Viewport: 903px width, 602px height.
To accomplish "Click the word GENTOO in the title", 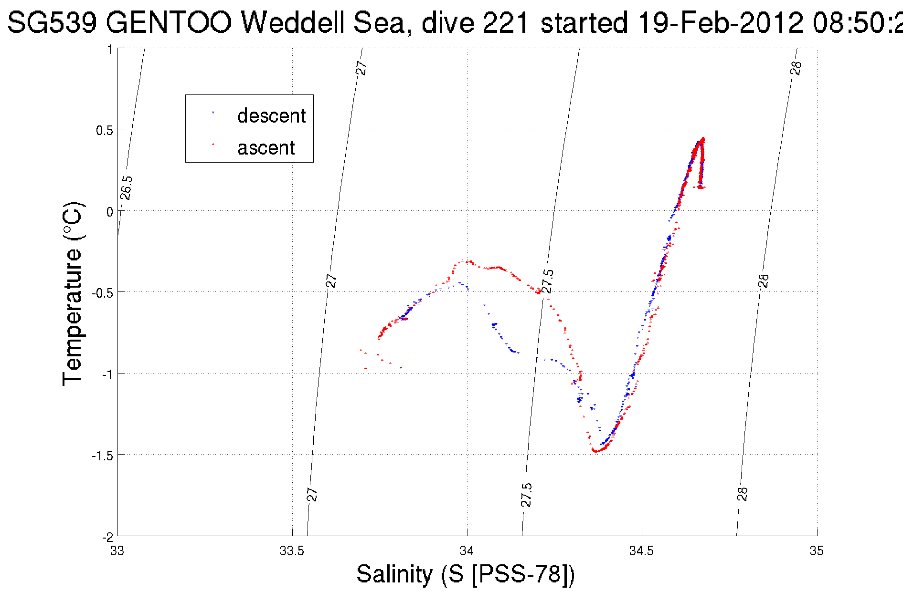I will coord(169,22).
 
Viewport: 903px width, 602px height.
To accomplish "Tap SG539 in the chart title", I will coord(53,22).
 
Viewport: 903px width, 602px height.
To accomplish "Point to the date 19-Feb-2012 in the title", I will coord(721,22).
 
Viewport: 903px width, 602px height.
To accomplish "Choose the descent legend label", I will coord(271,116).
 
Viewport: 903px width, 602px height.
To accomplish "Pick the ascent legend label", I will coord(266,148).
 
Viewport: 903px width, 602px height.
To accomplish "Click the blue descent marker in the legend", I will coord(213,113).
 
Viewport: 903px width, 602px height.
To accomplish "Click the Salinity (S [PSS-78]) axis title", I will coord(465,573).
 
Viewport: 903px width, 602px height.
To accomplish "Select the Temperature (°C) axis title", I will coord(73,294).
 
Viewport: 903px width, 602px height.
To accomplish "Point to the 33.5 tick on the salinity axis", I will coord(292,551).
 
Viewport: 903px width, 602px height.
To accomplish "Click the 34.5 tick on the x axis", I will coord(641,551).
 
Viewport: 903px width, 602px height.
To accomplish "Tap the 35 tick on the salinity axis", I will coord(817,551).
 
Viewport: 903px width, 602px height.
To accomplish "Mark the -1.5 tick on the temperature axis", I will coord(103,456).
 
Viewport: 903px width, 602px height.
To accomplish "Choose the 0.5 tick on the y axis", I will coord(105,130).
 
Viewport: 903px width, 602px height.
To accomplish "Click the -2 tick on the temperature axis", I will coord(107,537).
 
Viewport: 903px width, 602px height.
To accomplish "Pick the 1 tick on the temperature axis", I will coord(110,49).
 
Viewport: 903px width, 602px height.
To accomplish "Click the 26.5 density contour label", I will coord(127,187).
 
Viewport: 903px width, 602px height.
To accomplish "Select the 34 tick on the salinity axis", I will coord(467,551).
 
